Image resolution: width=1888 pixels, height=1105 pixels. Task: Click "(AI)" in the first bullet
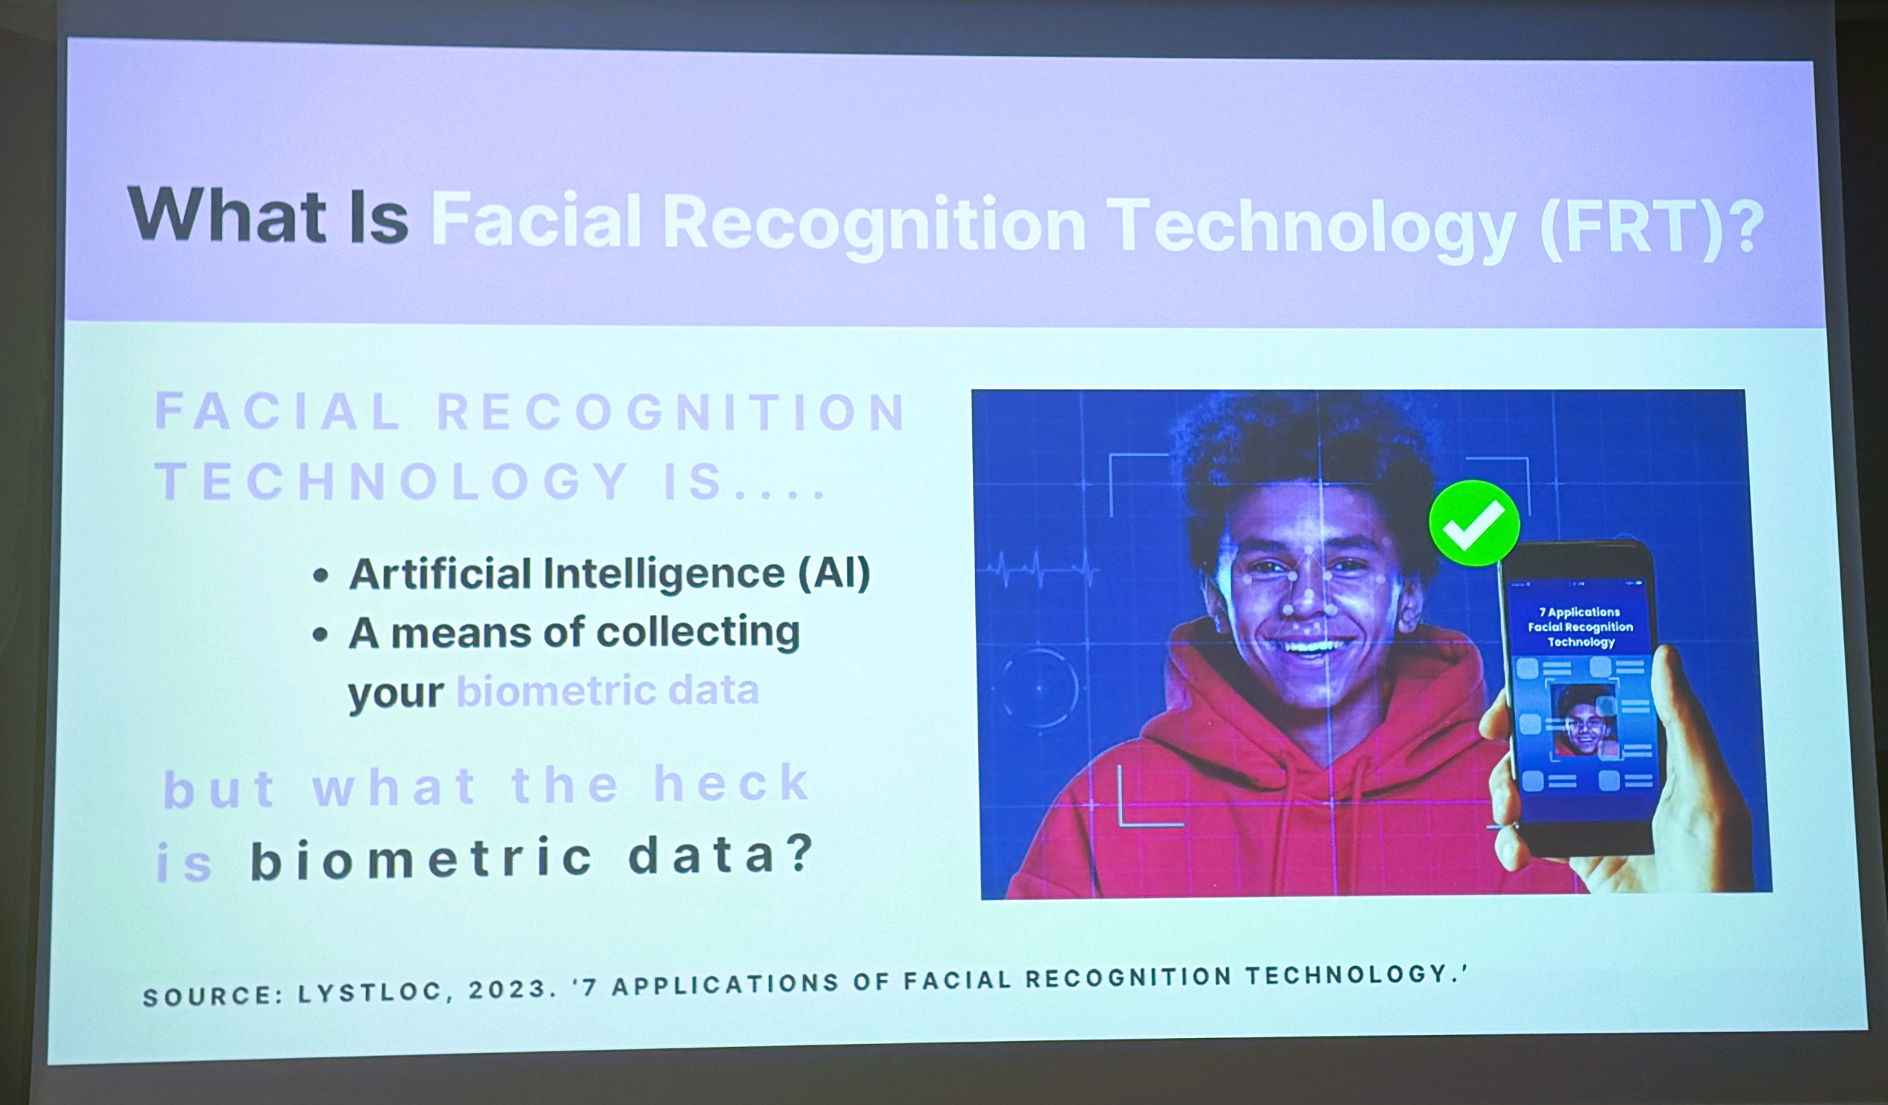(x=833, y=573)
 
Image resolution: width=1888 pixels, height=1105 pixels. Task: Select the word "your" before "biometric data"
(x=395, y=692)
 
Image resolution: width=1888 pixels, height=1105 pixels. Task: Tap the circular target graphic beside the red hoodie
(x=1038, y=687)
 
